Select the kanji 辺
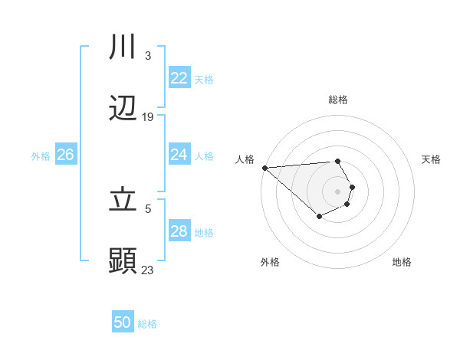pos(123,109)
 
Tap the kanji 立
pos(123,200)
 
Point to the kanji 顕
pos(123,261)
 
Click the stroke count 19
pos(148,117)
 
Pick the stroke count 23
pos(148,270)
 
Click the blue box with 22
pos(179,78)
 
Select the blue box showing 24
pos(179,155)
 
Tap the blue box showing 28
pos(179,231)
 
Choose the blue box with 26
pos(65,155)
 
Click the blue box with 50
pos(123,322)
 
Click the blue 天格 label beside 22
pos(204,79)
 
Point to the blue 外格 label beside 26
pos(41,155)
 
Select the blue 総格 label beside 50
pos(147,324)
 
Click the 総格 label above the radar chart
pos(338,100)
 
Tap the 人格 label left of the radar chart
pos(244,159)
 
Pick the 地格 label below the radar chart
pos(402,262)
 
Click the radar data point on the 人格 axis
pos(264,168)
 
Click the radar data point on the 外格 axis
pos(319,218)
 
